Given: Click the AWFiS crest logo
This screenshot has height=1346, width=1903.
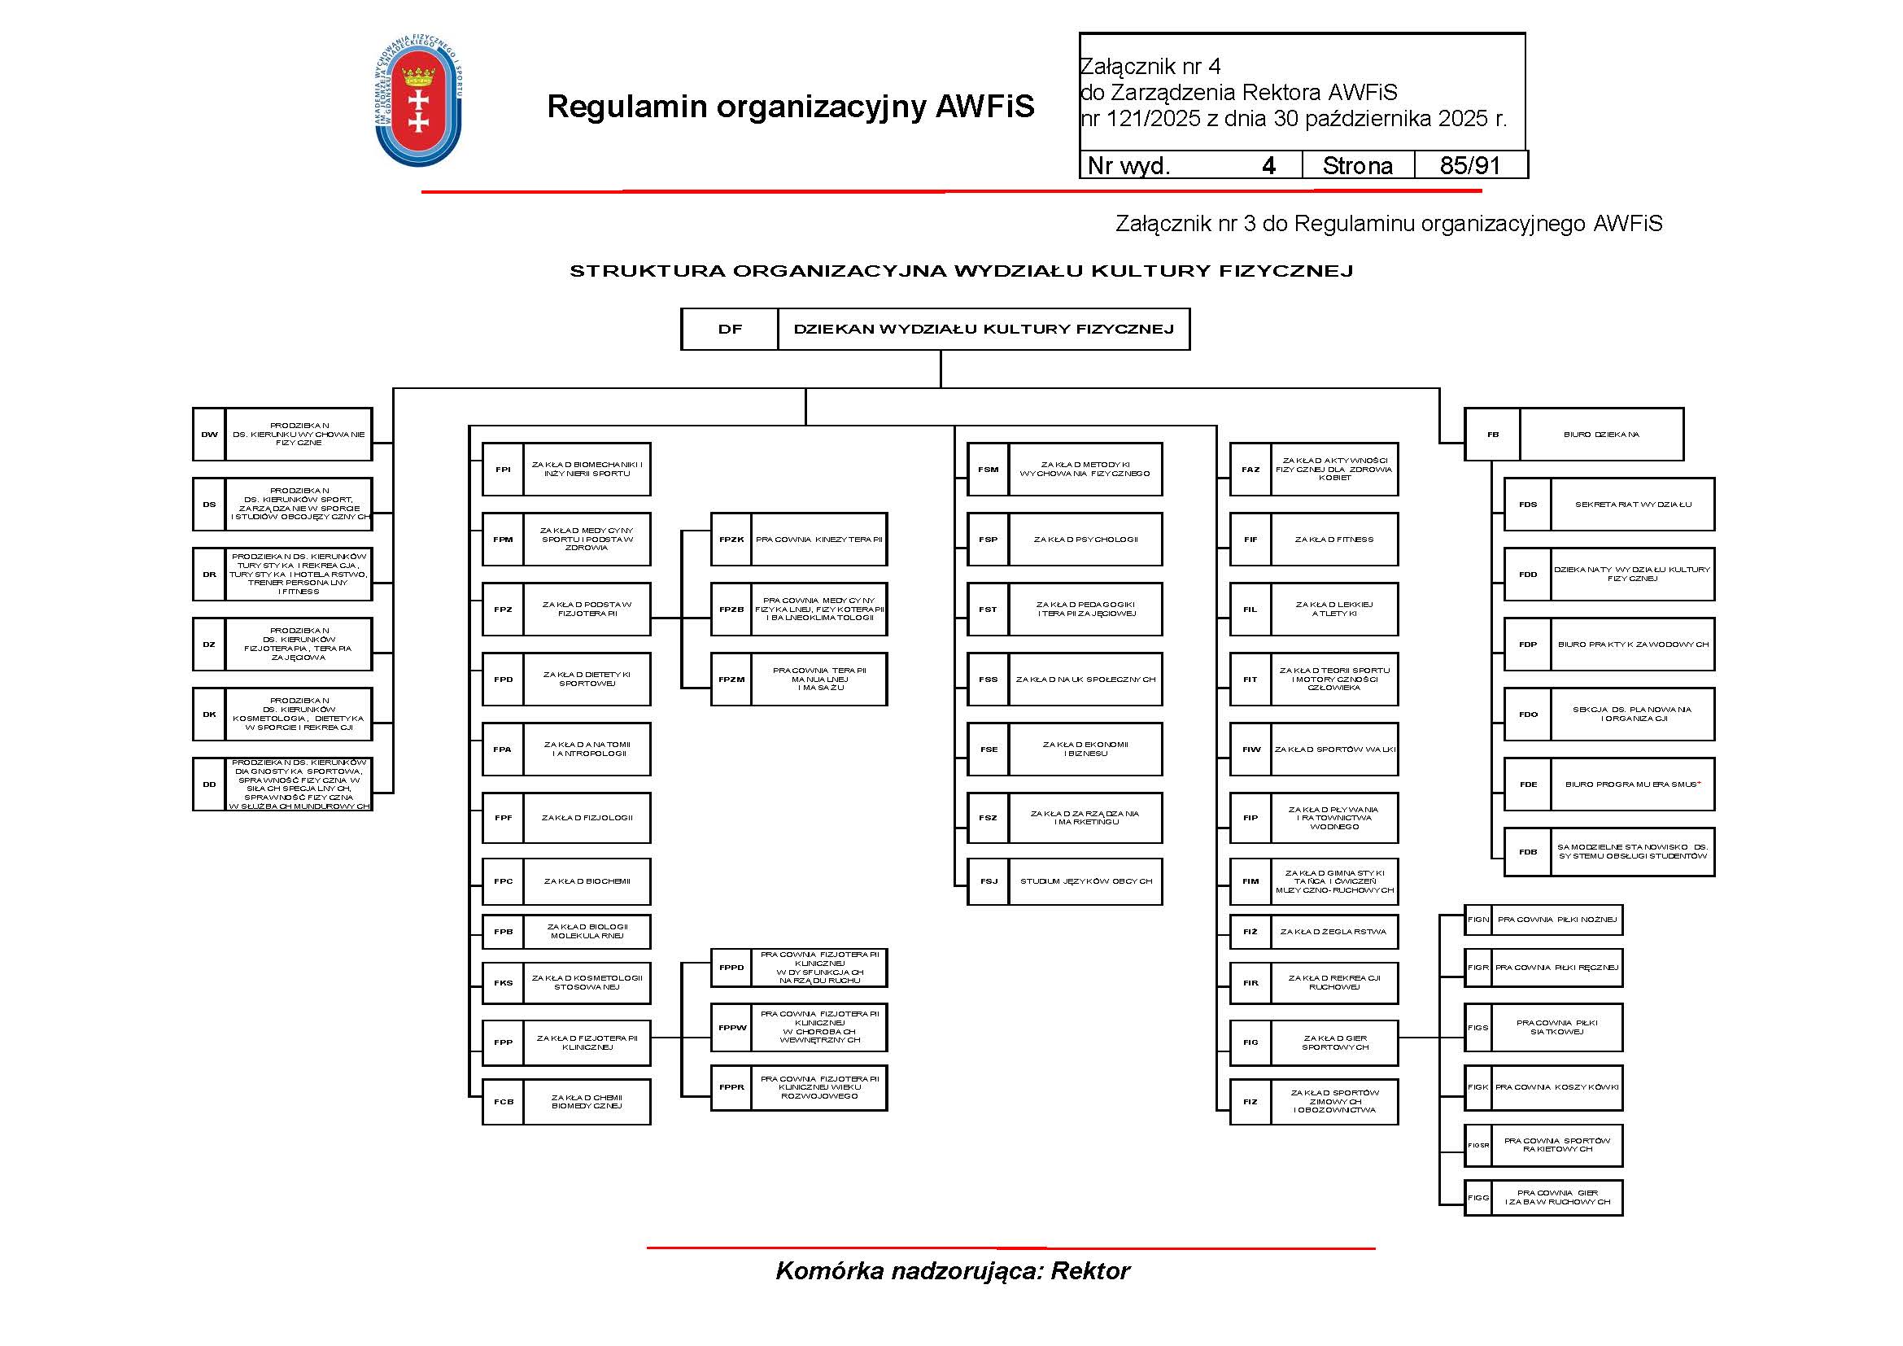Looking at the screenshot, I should pyautogui.click(x=417, y=101).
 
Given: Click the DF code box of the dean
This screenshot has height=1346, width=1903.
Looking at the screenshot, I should pyautogui.click(x=729, y=329).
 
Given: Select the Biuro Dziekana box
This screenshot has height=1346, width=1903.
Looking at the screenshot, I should pyautogui.click(x=1600, y=435).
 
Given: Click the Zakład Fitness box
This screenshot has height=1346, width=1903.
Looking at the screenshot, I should pyautogui.click(x=1333, y=540).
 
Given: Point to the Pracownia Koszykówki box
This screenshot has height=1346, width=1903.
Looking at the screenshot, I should pyautogui.click(x=1556, y=1087).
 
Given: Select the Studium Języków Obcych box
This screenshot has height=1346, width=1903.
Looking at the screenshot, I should pyautogui.click(x=1085, y=881).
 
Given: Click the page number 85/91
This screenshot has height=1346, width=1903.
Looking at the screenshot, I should pyautogui.click(x=1469, y=166).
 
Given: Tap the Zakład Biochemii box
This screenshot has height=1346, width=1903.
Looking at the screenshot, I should pyautogui.click(x=587, y=881).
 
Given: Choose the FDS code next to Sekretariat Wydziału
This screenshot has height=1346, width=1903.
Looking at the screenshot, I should pyautogui.click(x=1528, y=505).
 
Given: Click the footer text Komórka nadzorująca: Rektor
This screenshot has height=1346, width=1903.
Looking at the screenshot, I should pyautogui.click(x=953, y=1271).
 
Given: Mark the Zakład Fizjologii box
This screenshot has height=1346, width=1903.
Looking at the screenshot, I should pyautogui.click(x=587, y=818).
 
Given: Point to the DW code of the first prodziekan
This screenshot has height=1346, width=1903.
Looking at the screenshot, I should pyautogui.click(x=209, y=435).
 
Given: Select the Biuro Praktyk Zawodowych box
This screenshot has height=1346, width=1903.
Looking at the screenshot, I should pyautogui.click(x=1632, y=645).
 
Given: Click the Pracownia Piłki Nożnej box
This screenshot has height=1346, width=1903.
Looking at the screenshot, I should pyautogui.click(x=1556, y=920).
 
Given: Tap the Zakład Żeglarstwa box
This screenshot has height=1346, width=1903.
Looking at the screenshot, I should pyautogui.click(x=1333, y=932).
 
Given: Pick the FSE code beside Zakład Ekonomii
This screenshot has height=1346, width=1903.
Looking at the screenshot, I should pyautogui.click(x=989, y=749).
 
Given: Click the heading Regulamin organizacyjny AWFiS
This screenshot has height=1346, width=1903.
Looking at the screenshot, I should pyautogui.click(x=791, y=107).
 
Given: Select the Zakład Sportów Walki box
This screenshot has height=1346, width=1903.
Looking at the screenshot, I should pyautogui.click(x=1334, y=749).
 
